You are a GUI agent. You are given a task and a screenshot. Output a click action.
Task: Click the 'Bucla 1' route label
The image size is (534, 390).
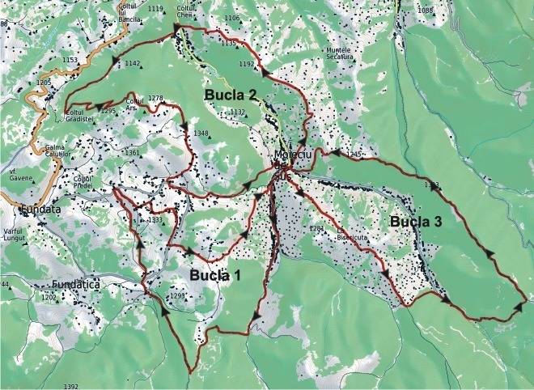(216, 276)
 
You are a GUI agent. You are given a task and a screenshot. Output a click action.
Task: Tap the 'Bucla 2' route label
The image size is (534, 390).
(231, 96)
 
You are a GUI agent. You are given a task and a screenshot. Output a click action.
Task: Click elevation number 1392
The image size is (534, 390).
(70, 386)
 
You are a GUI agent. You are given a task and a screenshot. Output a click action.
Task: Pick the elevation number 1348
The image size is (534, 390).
(201, 134)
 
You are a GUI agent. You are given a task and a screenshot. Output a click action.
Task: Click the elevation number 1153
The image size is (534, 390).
(70, 60)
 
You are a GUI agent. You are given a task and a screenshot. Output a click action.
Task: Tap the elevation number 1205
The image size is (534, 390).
(44, 83)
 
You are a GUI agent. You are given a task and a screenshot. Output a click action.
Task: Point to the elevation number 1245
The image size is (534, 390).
(352, 154)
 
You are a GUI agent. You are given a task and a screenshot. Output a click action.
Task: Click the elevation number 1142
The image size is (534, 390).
(133, 63)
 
